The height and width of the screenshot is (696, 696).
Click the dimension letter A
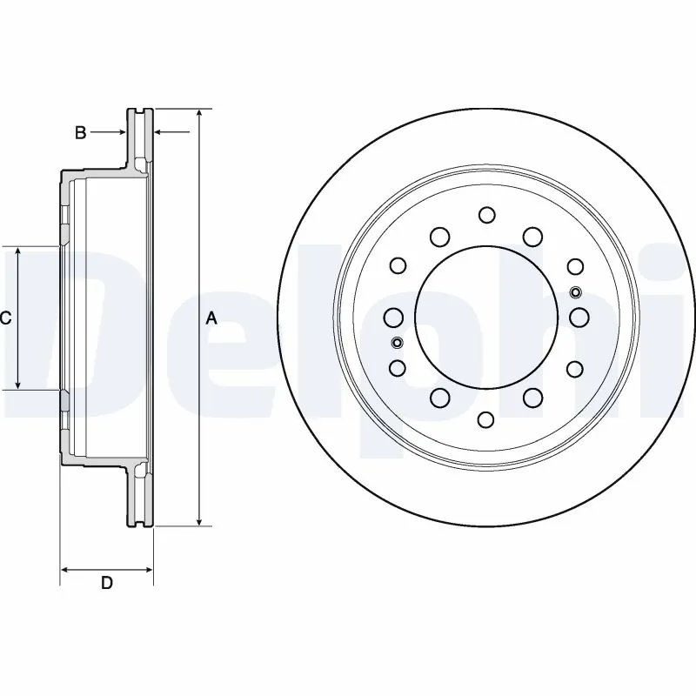(x=211, y=318)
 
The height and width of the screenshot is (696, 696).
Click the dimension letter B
(x=79, y=133)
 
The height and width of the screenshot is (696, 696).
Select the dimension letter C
(x=5, y=318)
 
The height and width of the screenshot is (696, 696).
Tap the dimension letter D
(x=106, y=584)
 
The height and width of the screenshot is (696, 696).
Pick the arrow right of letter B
(x=119, y=133)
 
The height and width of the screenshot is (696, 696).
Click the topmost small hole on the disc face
(x=486, y=214)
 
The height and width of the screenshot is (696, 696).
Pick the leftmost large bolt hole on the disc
(x=392, y=316)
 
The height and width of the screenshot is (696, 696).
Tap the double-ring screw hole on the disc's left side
(x=397, y=342)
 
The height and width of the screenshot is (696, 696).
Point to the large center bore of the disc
(x=486, y=316)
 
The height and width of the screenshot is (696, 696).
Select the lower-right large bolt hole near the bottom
(x=533, y=398)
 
